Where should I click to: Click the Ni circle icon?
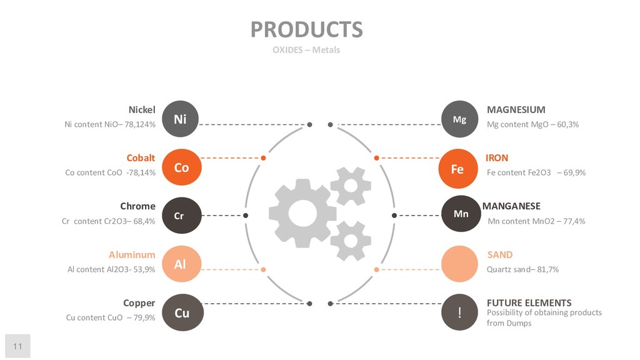180,119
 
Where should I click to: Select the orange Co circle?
181,167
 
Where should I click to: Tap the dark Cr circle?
179,216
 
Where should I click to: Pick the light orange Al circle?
180,264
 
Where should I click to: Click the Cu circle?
181,312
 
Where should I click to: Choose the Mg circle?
459,119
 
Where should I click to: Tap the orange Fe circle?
457,169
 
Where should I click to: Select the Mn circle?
461,214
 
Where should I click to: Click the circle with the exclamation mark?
459,312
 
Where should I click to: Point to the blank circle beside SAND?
459,264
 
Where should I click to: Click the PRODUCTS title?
306,29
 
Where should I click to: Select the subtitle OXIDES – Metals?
306,50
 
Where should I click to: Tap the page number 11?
17,346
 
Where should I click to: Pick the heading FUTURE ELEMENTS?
529,303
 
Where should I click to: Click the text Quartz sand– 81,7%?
522,269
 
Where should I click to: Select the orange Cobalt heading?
141,158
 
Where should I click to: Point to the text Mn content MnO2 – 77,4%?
536,221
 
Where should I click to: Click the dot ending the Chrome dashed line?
246,216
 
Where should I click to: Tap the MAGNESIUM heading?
516,110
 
